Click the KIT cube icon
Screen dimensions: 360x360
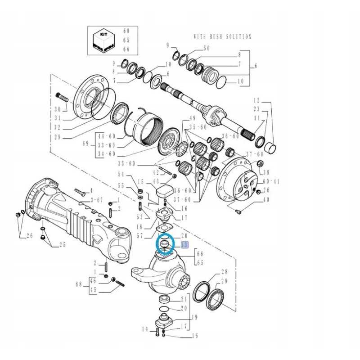click(x=103, y=40)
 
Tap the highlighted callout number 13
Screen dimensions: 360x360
click(x=184, y=245)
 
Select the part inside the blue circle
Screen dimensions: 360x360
click(x=164, y=245)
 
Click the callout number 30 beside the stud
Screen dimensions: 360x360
click(x=57, y=109)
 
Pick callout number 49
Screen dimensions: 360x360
click(x=192, y=118)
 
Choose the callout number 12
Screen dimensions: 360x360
click(x=257, y=99)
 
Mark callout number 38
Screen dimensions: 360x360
click(x=266, y=172)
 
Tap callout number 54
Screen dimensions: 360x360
click(x=121, y=174)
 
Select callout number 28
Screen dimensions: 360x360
click(x=224, y=272)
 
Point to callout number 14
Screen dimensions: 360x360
click(x=145, y=329)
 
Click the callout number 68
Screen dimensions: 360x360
click(x=79, y=284)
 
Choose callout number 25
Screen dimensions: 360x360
click(x=63, y=245)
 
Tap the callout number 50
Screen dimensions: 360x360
click(x=207, y=48)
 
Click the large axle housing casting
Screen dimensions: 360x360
click(x=76, y=216)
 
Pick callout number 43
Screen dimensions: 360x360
click(x=156, y=181)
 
